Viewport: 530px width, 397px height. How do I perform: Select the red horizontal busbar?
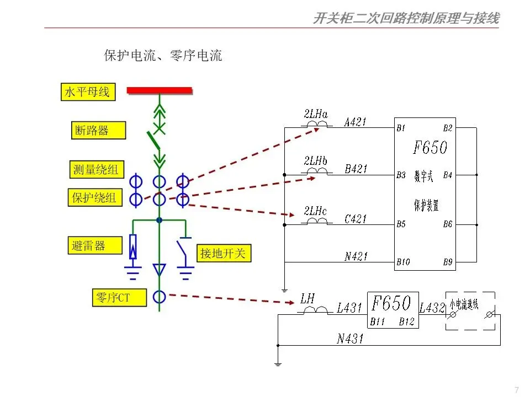(x=160, y=90)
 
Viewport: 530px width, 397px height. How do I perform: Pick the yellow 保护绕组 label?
(x=95, y=197)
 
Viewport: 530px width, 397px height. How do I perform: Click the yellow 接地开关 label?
(x=224, y=254)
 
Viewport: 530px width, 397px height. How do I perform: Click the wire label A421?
(x=355, y=122)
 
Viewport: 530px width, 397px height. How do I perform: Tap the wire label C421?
(x=355, y=218)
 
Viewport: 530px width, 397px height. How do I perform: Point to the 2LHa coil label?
(x=316, y=115)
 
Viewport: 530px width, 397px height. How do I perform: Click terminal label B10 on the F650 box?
(x=403, y=262)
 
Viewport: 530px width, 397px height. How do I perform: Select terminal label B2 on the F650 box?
(x=447, y=128)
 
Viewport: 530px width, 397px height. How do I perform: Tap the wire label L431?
(x=349, y=309)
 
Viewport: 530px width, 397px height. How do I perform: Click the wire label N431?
(x=350, y=339)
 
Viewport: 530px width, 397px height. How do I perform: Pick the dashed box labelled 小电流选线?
(x=470, y=311)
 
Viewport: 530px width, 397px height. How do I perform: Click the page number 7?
(x=516, y=390)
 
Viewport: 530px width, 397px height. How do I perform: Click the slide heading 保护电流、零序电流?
(x=163, y=56)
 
